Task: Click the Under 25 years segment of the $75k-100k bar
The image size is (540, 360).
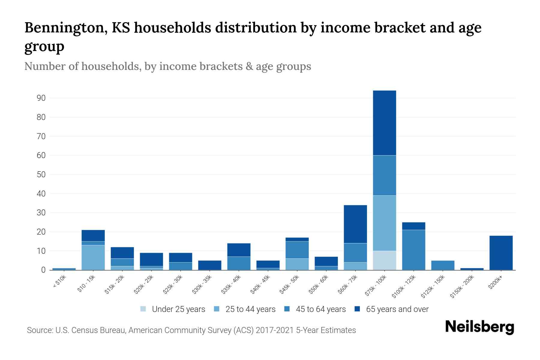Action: pos(384,260)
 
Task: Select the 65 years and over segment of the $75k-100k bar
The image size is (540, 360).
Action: pos(384,123)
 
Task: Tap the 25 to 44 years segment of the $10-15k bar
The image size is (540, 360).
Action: pos(93,257)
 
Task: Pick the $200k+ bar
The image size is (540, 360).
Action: pos(501,253)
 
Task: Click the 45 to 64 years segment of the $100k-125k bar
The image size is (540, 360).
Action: pos(413,250)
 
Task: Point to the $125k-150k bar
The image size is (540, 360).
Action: pos(442,265)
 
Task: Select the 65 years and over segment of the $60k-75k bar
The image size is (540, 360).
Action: pos(355,224)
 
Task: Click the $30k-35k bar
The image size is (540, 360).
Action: pos(210,265)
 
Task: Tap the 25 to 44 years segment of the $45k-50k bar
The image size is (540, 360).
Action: pos(297,264)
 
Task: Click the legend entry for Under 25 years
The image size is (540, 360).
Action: pos(173,309)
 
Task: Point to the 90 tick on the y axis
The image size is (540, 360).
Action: pos(41,98)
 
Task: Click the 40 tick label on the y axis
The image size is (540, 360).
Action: pos(41,194)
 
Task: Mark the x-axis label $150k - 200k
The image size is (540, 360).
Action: pos(462,287)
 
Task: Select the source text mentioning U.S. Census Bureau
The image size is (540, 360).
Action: pos(191,330)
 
